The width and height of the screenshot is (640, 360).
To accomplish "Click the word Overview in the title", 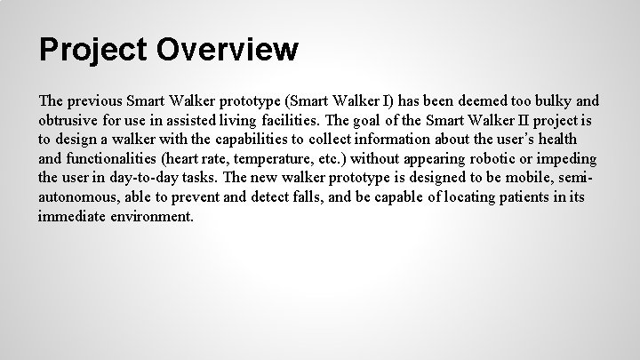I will click(228, 50).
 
